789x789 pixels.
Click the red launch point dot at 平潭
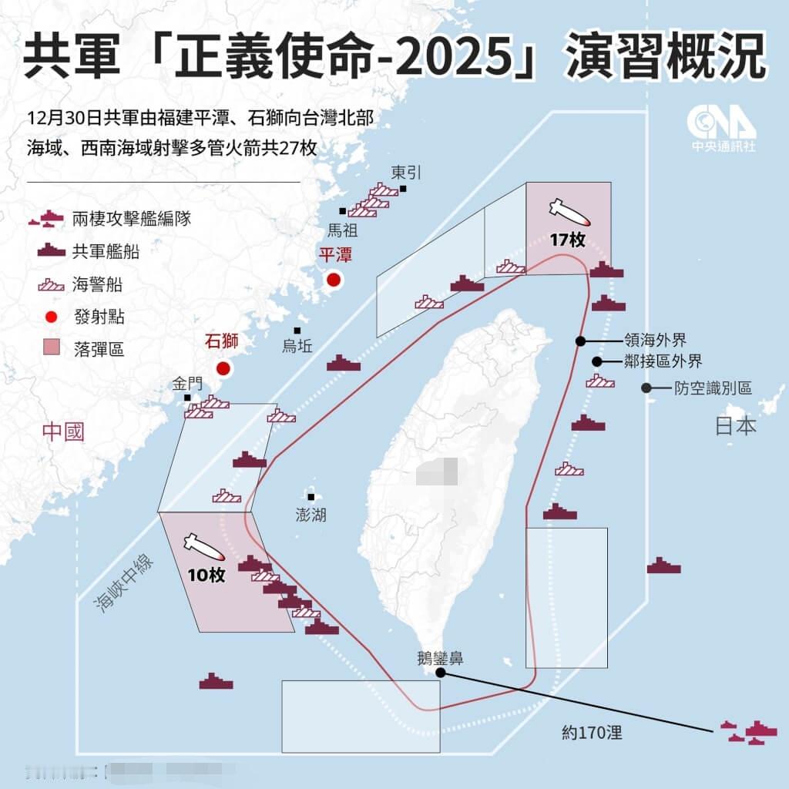tap(334, 280)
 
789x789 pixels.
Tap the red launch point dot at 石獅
tap(223, 368)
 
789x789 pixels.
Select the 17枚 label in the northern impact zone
tap(567, 240)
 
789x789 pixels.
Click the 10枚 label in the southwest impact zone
tap(206, 575)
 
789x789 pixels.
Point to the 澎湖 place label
tap(311, 515)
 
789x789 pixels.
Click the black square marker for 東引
tap(403, 189)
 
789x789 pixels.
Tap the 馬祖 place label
tap(343, 230)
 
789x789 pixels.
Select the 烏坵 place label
tap(297, 347)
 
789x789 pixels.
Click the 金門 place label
tap(188, 383)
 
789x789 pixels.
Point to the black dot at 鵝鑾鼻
tap(440, 673)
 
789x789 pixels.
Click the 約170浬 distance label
tap(592, 732)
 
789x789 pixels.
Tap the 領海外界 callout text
tap(655, 340)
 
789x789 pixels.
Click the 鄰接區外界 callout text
tap(663, 361)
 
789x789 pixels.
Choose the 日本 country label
tap(736, 426)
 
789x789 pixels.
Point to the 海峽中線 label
tap(123, 583)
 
